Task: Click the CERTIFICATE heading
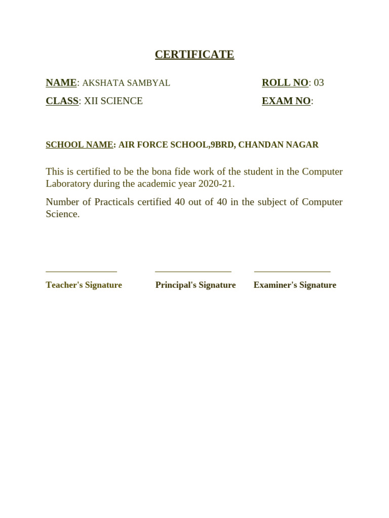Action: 194,55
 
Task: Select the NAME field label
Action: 61,83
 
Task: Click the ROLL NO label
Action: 285,83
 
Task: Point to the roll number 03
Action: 319,83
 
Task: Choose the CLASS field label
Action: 62,101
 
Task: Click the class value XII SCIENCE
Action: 113,101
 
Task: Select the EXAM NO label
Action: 286,101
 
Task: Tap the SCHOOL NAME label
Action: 80,145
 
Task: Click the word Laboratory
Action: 68,184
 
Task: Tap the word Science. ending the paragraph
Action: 62,214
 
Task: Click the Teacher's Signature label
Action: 84,285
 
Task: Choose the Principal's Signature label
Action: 196,285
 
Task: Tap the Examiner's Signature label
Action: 295,285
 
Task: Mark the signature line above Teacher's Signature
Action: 81,272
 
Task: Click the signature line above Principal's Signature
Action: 193,272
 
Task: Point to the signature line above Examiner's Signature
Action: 292,272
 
